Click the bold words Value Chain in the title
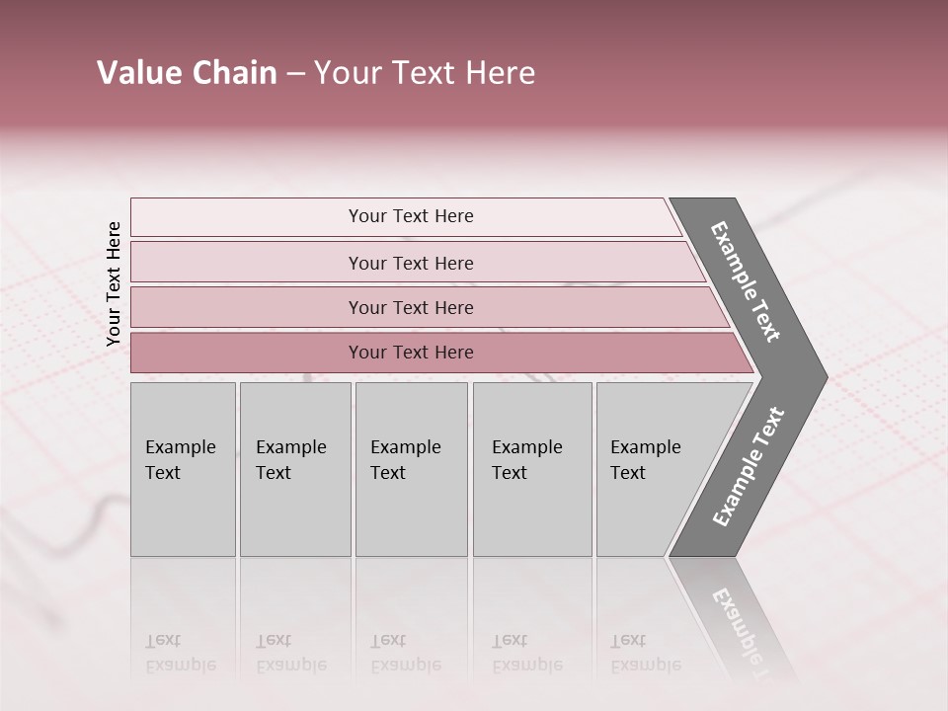[x=187, y=73]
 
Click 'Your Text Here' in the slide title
[x=424, y=73]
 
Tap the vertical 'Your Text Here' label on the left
[x=114, y=283]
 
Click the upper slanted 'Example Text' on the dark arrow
[x=746, y=281]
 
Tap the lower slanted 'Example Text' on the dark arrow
[x=748, y=467]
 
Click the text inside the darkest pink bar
[x=411, y=353]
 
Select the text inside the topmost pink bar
[x=411, y=216]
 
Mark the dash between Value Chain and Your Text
[x=295, y=74]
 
